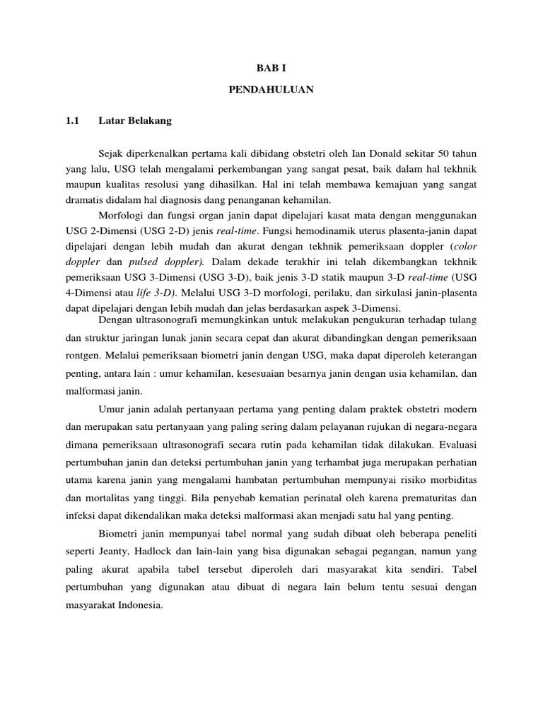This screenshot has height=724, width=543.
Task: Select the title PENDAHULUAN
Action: pyautogui.click(x=271, y=90)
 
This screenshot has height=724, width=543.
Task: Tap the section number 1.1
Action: pyautogui.click(x=71, y=121)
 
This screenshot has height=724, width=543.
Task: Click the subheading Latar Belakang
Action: pyautogui.click(x=134, y=121)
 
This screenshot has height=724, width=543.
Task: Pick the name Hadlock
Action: pyautogui.click(x=163, y=551)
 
